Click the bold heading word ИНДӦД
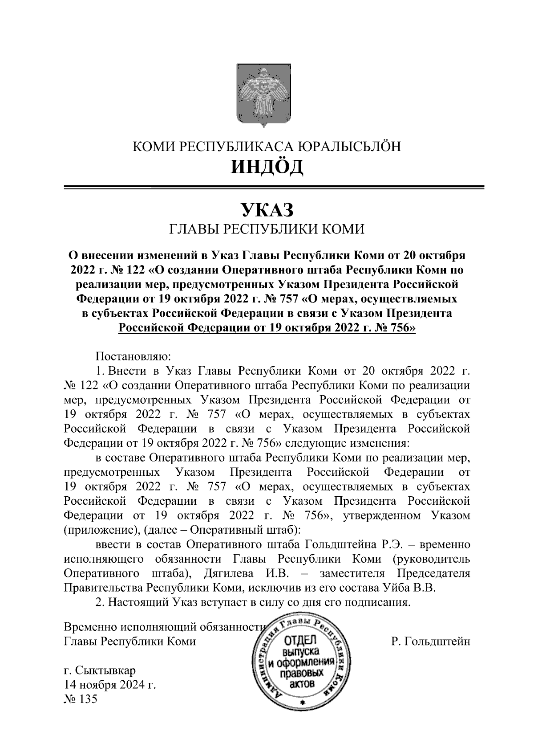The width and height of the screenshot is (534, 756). pyautogui.click(x=267, y=167)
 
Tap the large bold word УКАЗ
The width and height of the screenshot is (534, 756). pyautogui.click(x=267, y=209)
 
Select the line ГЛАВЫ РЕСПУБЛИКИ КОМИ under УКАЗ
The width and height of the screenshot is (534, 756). pyautogui.click(x=267, y=229)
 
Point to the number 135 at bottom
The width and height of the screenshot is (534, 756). pyautogui.click(x=87, y=699)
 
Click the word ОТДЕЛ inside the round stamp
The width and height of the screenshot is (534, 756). pyautogui.click(x=299, y=642)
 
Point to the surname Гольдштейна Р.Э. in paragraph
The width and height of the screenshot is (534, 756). pyautogui.click(x=354, y=545)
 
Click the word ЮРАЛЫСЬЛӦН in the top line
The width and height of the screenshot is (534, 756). pyautogui.click(x=348, y=146)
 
